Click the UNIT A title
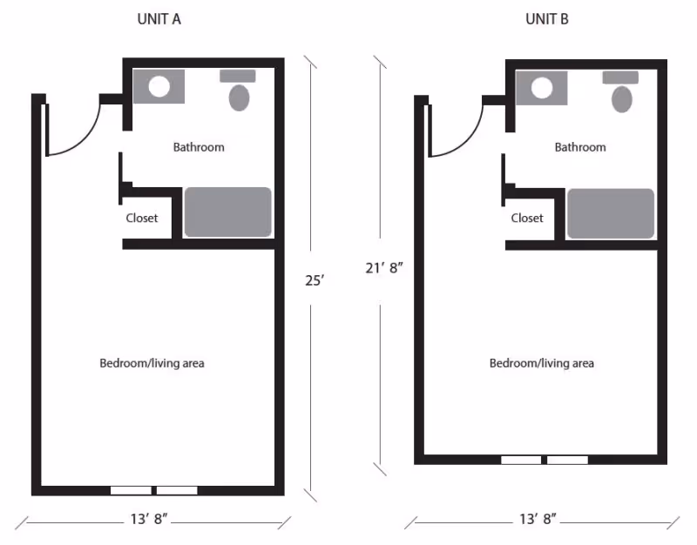(x=159, y=20)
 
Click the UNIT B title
(x=546, y=20)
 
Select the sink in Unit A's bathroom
(x=159, y=87)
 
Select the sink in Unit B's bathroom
(x=542, y=88)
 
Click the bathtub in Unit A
(x=227, y=212)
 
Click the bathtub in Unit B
(x=611, y=213)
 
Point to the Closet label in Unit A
(x=142, y=218)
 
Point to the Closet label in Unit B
(x=527, y=218)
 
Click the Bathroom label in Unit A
(x=199, y=147)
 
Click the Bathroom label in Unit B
(x=580, y=147)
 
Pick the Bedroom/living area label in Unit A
(x=152, y=363)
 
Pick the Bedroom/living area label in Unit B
(x=541, y=363)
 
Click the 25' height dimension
(x=315, y=280)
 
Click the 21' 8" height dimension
(x=383, y=268)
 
